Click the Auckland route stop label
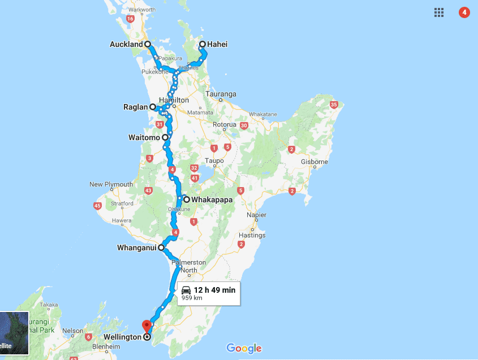(126, 44)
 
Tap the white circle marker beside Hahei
(203, 44)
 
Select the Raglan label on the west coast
(136, 106)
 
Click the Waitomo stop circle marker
(165, 137)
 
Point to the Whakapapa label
(212, 199)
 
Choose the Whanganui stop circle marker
(161, 248)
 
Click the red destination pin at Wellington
(147, 326)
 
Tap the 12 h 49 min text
(214, 290)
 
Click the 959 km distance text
(192, 298)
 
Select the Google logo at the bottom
(244, 348)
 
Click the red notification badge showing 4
(464, 12)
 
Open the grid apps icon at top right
(439, 12)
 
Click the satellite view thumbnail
(14, 333)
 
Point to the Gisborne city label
(315, 162)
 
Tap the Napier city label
(257, 215)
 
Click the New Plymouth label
(111, 184)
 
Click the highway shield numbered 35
(334, 105)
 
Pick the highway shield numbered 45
(97, 205)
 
